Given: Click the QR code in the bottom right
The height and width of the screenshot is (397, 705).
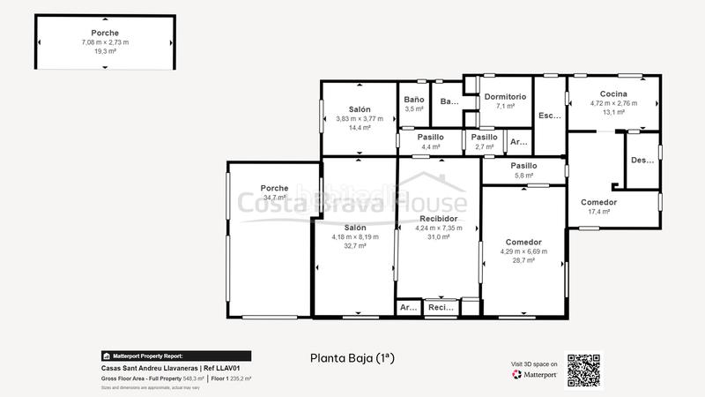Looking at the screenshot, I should click(583, 371).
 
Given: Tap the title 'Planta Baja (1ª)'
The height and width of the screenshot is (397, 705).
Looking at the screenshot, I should click(352, 358).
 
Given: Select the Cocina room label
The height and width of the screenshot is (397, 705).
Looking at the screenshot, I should click(613, 94).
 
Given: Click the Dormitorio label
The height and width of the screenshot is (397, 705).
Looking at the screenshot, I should click(505, 97).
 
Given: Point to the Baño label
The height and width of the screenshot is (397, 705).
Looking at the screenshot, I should click(414, 100).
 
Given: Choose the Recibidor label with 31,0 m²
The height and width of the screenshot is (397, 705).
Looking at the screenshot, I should click(438, 218).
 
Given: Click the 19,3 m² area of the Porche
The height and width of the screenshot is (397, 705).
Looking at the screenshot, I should click(105, 51).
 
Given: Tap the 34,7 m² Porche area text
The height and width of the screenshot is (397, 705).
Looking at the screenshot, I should click(275, 198).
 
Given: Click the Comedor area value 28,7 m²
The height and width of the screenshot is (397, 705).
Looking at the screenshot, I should click(523, 260).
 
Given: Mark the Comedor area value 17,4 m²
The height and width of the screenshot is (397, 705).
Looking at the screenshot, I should click(598, 212).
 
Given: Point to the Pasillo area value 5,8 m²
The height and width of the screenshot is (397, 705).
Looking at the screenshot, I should click(523, 175).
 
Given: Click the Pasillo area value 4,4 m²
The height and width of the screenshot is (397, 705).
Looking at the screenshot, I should click(430, 146).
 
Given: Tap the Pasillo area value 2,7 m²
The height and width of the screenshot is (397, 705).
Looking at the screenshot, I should click(484, 146).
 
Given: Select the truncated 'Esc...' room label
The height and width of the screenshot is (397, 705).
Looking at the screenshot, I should click(550, 116).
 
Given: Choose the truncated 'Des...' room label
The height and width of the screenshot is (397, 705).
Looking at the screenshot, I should click(642, 160).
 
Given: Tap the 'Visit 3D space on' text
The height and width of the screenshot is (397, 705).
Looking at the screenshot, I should click(534, 363).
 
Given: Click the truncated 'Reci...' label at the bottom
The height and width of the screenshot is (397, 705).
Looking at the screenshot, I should click(440, 308).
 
